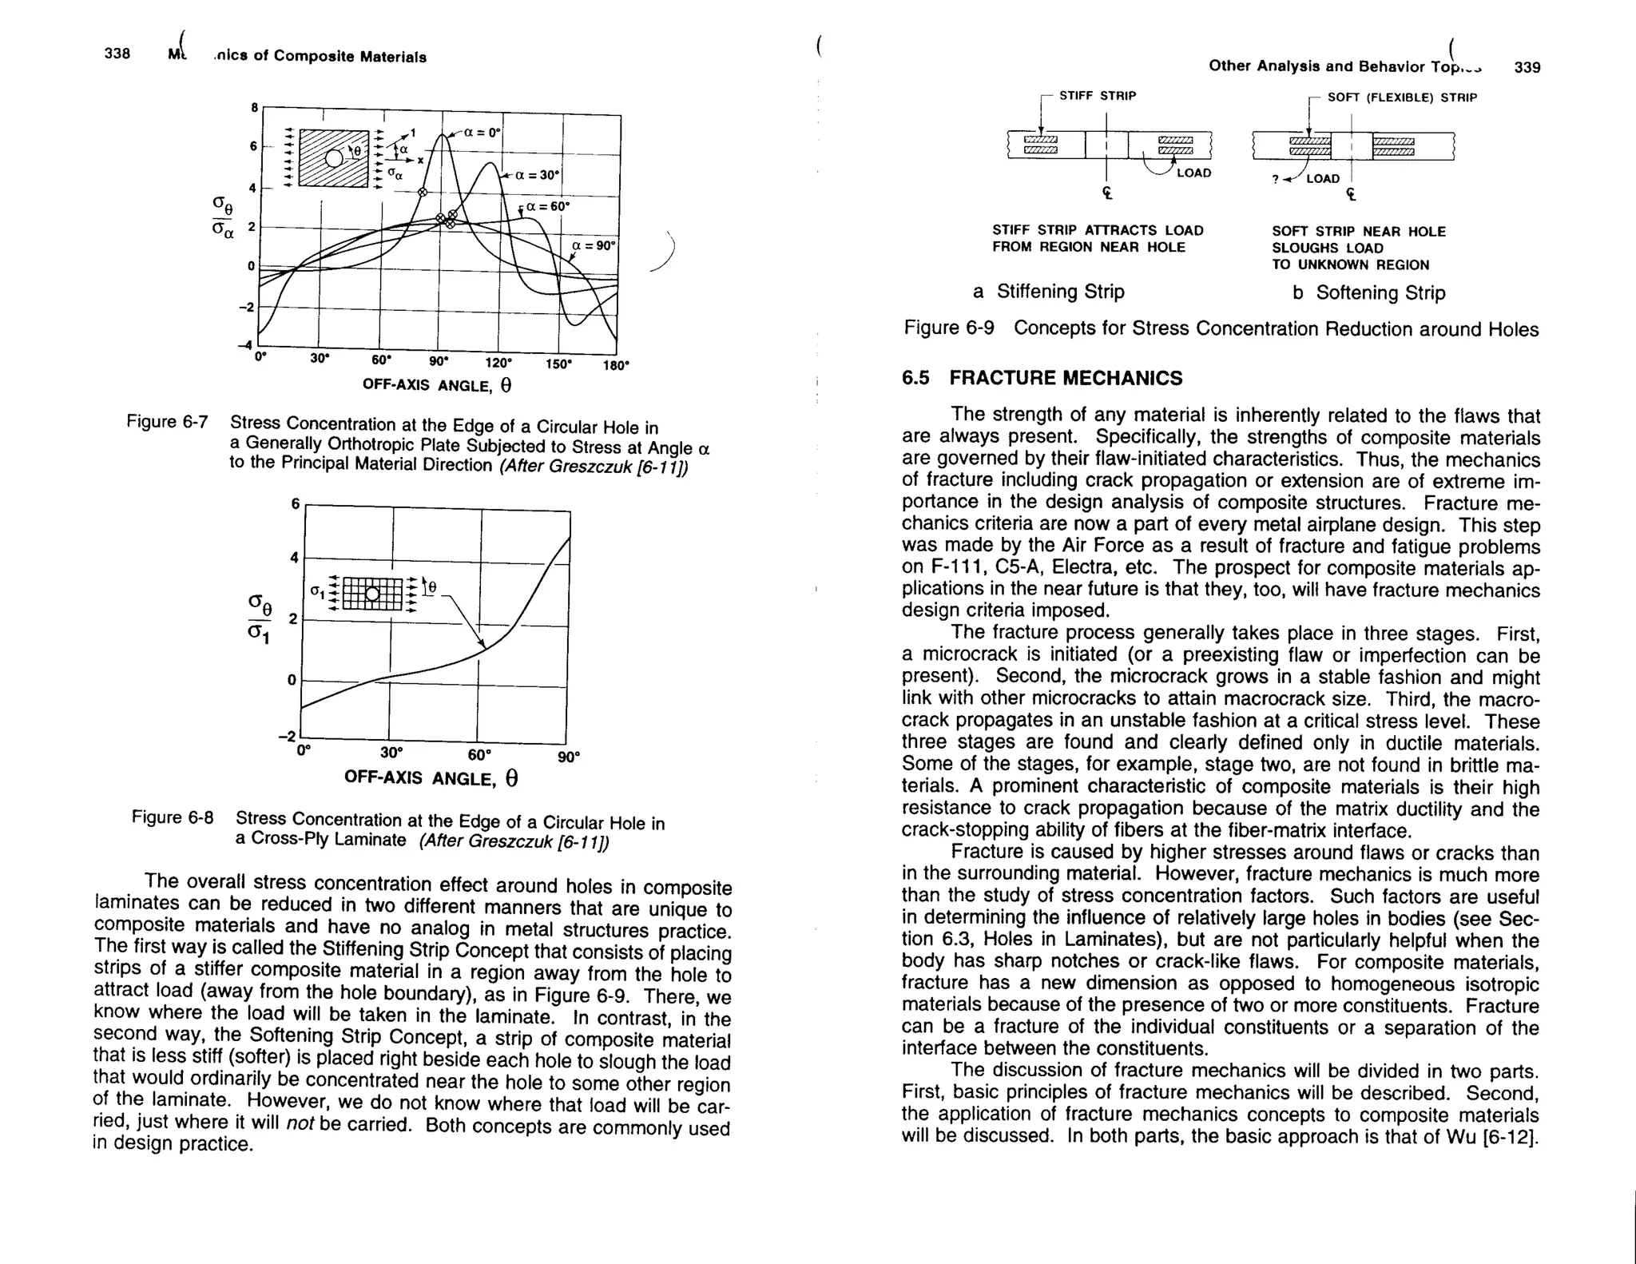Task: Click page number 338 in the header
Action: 117,54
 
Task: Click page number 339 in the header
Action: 1527,67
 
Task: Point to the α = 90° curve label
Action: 594,245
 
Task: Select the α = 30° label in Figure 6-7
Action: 537,175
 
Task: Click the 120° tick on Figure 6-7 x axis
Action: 498,362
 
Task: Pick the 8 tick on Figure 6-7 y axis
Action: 254,108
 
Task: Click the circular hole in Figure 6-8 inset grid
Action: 372,593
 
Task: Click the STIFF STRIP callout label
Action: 1097,96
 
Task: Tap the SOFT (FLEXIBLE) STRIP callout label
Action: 1402,97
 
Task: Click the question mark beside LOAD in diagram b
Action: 1276,180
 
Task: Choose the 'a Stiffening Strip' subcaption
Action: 1048,292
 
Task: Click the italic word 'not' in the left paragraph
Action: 300,1122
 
